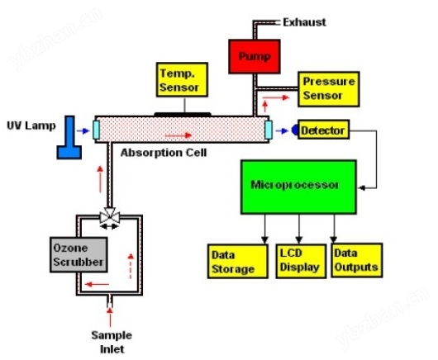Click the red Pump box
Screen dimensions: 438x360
pos(255,56)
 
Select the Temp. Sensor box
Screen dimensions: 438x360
pos(182,79)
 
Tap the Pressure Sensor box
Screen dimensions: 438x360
pos(329,89)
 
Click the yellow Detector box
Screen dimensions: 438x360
pos(323,130)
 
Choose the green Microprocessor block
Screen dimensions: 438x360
pos(298,187)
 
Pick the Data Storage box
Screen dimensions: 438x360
pos(238,261)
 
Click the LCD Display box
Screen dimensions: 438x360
pos(301,261)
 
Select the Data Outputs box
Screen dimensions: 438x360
pos(356,260)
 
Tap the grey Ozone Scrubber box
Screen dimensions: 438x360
pos(79,254)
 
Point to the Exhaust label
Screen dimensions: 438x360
pos(304,22)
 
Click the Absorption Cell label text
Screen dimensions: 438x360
pos(164,153)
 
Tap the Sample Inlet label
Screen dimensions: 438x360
pos(112,342)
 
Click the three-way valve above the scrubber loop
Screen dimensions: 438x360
pos(110,216)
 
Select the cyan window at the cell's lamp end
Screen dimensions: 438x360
pos(96,130)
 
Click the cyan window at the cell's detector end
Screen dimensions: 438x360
pos(269,130)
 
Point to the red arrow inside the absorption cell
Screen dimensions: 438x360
pos(179,135)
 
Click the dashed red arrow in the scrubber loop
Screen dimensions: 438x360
pos(131,266)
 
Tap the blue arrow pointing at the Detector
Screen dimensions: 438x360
pos(282,130)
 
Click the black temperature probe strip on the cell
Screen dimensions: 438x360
pos(183,114)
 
